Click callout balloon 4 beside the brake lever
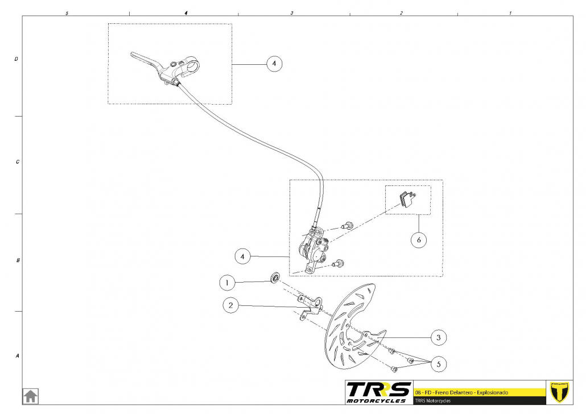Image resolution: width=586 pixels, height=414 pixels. [x=274, y=64]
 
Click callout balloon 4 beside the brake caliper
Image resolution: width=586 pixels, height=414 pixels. [x=243, y=256]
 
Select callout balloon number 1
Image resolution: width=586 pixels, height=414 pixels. [x=228, y=282]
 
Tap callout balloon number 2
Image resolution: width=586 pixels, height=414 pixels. [x=230, y=306]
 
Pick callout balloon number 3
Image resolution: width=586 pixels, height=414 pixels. [x=438, y=337]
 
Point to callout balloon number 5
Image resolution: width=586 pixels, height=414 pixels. [x=438, y=364]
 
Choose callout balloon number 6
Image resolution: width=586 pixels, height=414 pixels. [x=419, y=240]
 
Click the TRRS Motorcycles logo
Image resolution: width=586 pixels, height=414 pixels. [x=378, y=392]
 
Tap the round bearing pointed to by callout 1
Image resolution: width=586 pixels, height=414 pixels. [x=275, y=279]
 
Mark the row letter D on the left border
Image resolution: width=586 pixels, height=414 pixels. [x=16, y=59]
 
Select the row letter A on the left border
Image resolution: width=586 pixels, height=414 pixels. [x=16, y=356]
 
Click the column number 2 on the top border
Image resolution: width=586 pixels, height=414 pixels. [x=401, y=13]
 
